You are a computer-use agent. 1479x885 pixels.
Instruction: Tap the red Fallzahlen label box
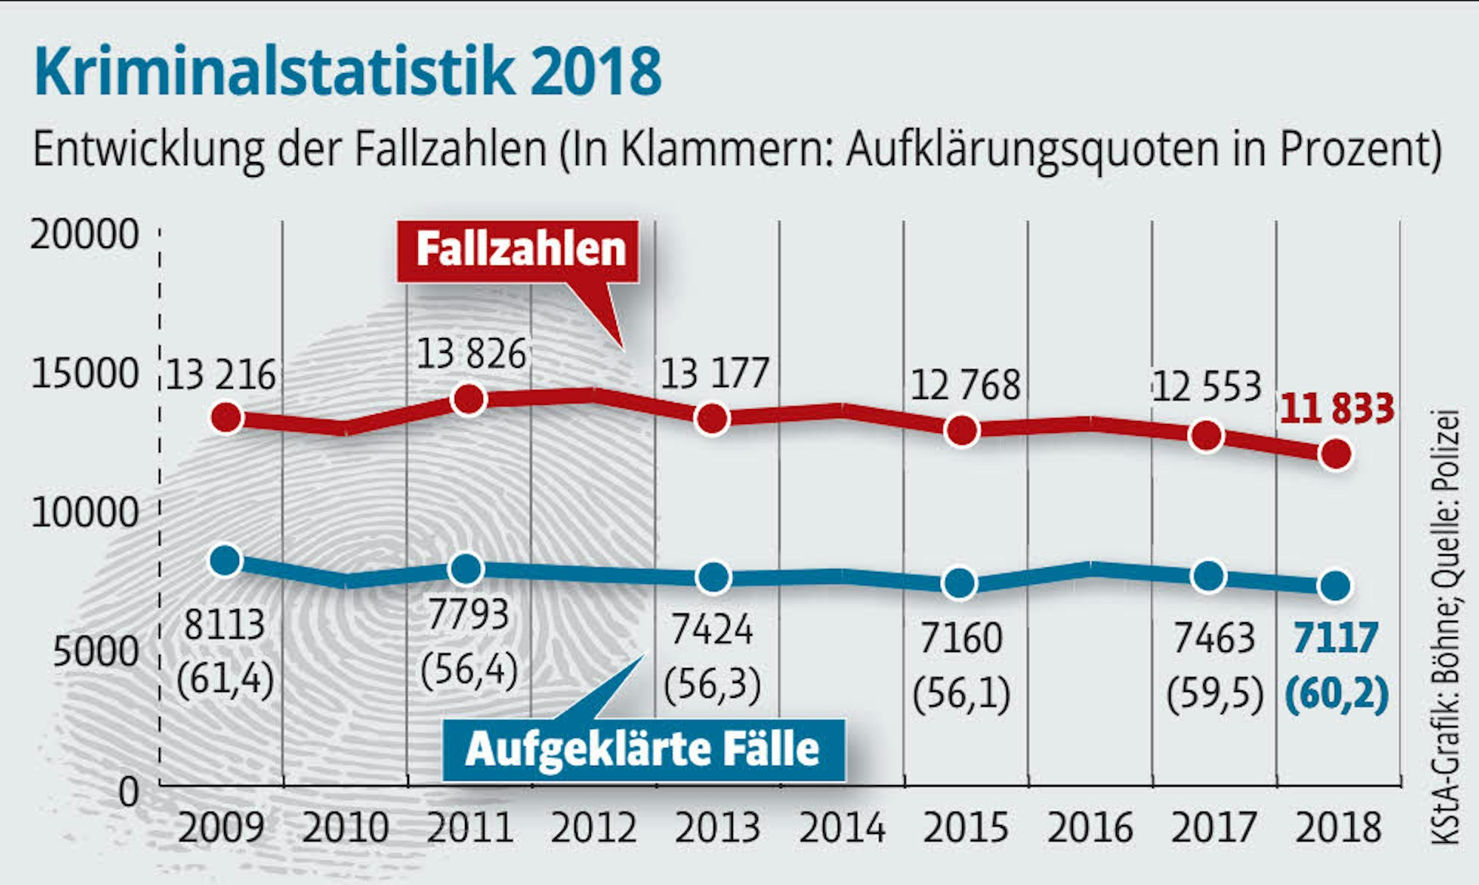point(520,250)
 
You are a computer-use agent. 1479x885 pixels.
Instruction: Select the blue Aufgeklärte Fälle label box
point(643,750)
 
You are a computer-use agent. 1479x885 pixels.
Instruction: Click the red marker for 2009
point(226,417)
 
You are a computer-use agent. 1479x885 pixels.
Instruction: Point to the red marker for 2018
point(1337,454)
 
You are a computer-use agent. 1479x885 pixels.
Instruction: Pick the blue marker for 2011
point(467,568)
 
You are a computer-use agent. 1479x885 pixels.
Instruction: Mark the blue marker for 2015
point(960,583)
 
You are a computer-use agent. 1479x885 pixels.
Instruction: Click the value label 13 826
point(471,354)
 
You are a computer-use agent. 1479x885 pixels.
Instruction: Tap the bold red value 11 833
point(1337,409)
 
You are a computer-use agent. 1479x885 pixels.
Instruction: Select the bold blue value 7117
point(1336,638)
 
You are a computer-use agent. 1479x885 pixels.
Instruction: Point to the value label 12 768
point(965,386)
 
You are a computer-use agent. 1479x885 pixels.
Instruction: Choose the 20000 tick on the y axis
point(84,235)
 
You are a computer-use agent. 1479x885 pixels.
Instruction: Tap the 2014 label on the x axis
point(842,828)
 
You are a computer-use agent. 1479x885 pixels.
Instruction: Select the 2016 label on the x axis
point(1090,828)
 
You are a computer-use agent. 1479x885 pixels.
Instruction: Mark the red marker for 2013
point(712,419)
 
